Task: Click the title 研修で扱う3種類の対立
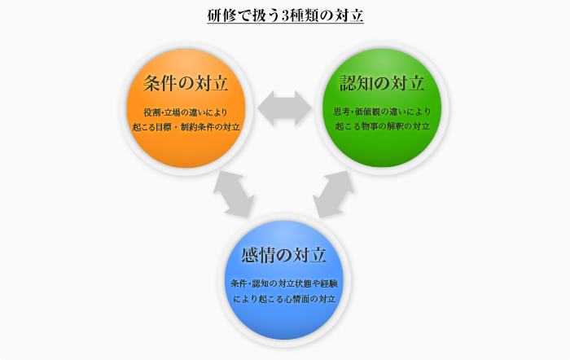(285, 15)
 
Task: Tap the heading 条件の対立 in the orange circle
(186, 83)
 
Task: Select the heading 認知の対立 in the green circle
(382, 83)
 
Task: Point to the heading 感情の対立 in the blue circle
(283, 255)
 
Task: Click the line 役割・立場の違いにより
(186, 112)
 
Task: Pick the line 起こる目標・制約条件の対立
(186, 127)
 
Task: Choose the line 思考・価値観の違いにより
(382, 112)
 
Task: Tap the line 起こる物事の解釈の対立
(382, 126)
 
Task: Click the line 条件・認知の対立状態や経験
(284, 283)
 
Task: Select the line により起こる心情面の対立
(284, 299)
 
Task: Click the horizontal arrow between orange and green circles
(284, 108)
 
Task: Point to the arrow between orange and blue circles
(234, 195)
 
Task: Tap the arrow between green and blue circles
(333, 194)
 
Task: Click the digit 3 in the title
(285, 16)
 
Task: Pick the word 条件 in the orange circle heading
(160, 83)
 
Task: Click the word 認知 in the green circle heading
(357, 83)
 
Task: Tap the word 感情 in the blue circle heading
(258, 255)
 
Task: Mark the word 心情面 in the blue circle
(297, 299)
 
